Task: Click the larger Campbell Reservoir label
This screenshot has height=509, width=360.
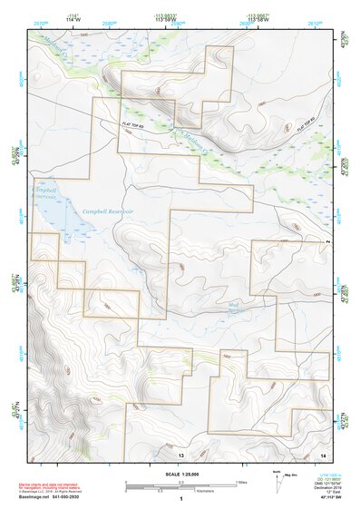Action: pyautogui.click(x=108, y=211)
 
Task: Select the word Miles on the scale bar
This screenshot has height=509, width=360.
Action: pyautogui.click(x=241, y=481)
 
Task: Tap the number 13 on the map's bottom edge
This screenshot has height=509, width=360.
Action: pyautogui.click(x=181, y=455)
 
